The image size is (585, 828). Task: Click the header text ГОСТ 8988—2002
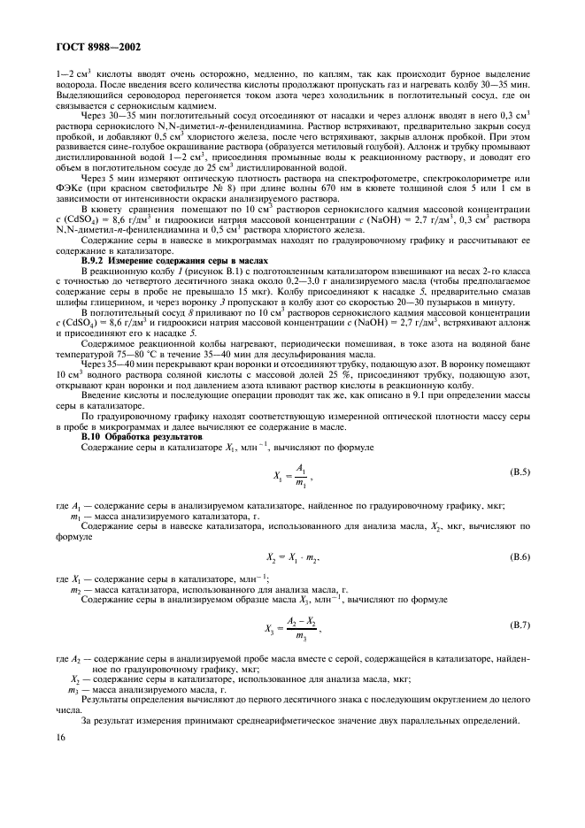click(x=87, y=48)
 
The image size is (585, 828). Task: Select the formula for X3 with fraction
click(x=293, y=628)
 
